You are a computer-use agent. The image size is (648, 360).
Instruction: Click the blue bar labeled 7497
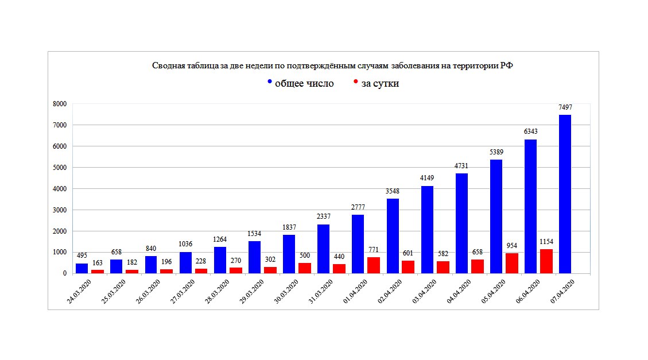(565, 194)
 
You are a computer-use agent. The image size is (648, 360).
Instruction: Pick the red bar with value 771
(374, 265)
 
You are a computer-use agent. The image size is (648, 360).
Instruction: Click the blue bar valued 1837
(289, 254)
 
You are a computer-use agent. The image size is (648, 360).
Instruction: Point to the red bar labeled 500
(304, 268)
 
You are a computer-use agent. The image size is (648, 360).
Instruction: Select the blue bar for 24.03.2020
(82, 268)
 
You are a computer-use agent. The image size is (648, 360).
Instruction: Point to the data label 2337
(323, 216)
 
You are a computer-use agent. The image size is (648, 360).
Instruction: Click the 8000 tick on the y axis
(60, 104)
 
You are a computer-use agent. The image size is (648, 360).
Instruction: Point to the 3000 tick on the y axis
(60, 210)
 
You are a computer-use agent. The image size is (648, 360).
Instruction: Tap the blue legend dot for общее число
(270, 82)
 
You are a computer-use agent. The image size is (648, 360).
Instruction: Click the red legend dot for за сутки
(356, 82)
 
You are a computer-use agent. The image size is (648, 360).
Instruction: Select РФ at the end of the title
(506, 66)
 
